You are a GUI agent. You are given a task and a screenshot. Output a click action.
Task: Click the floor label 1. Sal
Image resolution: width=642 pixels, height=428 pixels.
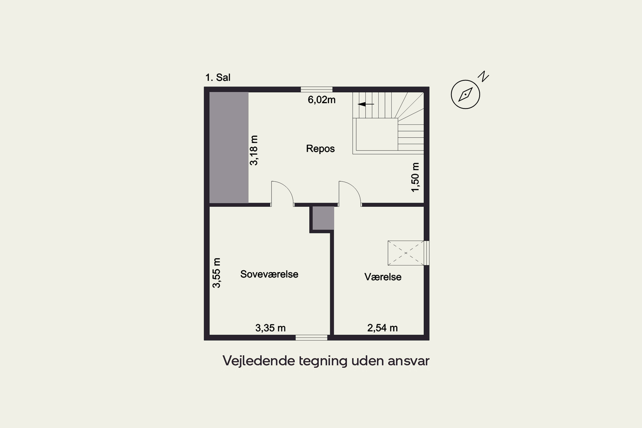218,77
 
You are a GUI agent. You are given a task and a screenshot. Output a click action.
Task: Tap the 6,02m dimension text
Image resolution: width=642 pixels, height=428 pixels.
321,100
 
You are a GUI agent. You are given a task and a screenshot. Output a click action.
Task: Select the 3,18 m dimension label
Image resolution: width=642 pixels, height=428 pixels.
254,150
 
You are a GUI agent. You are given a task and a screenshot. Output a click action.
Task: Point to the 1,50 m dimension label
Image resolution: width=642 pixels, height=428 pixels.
415,177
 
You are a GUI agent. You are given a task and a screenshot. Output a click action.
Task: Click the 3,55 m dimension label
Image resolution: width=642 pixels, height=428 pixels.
216,273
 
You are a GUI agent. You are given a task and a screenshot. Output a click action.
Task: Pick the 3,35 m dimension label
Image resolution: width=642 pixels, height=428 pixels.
270,328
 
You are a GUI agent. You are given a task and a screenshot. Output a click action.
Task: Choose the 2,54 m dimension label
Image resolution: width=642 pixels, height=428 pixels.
382,328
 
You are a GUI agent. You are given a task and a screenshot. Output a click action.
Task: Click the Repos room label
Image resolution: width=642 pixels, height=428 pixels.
320,149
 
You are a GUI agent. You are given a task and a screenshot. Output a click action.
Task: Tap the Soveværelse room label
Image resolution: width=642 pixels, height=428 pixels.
269,274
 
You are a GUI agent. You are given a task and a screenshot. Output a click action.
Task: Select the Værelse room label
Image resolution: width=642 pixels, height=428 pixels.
383,277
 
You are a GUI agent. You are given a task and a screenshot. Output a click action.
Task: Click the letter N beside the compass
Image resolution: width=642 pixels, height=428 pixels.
483,76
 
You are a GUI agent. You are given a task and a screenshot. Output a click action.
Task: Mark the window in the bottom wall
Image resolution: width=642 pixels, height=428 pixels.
311,338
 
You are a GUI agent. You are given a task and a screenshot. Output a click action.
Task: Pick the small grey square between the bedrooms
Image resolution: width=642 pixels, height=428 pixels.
323,218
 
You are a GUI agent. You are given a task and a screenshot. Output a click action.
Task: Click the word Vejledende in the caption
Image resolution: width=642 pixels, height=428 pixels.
259,361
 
